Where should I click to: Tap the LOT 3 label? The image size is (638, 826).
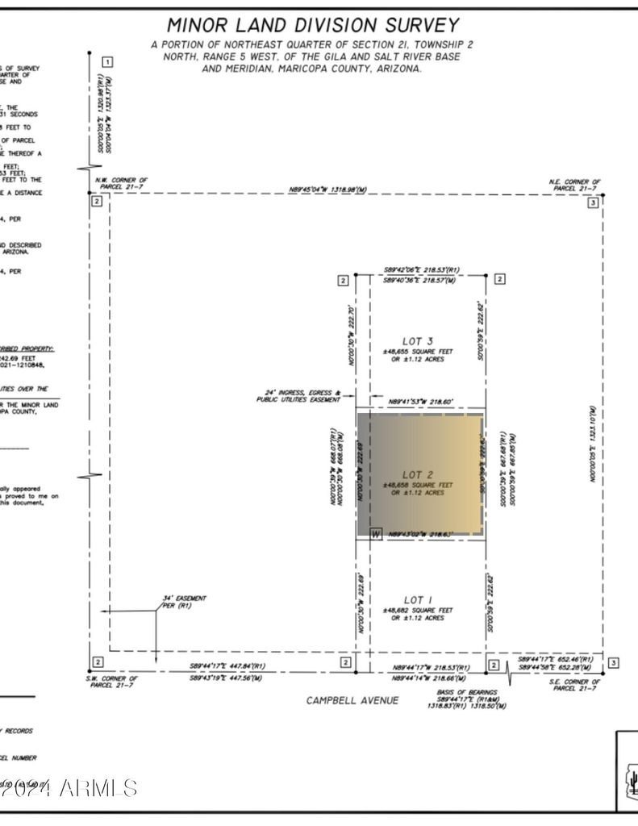pos(413,340)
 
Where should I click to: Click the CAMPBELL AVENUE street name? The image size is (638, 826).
pos(352,700)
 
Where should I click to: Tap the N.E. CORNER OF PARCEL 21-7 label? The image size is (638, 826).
pos(574,185)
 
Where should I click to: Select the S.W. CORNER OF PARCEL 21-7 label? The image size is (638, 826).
pos(113,682)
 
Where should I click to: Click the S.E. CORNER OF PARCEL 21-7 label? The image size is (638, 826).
pos(573,685)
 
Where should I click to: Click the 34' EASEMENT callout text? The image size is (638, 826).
pos(184,601)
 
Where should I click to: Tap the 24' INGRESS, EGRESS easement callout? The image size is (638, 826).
pos(299,396)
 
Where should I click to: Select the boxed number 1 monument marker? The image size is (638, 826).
pos(107,62)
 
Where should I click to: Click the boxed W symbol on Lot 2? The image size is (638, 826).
pos(375,534)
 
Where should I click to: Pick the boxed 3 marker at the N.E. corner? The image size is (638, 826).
pos(593,203)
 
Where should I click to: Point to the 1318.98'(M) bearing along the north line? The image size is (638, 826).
pos(328,190)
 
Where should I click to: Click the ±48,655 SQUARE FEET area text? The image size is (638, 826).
pos(413,352)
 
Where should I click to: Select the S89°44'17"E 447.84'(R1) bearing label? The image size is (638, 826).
pos(227,666)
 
